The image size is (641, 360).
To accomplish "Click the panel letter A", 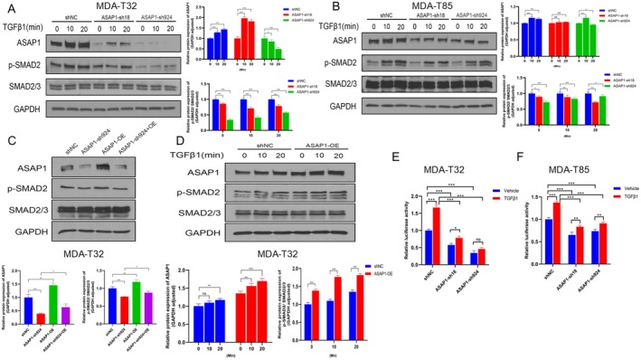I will pyautogui.click(x=7, y=8).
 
